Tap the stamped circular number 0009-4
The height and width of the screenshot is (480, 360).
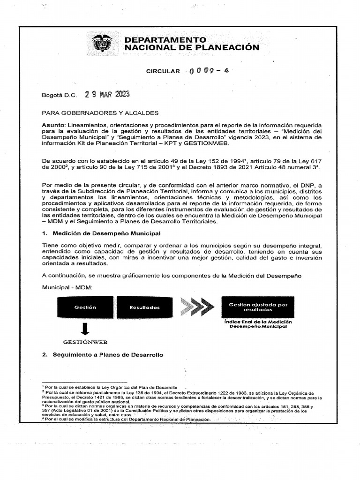point(209,71)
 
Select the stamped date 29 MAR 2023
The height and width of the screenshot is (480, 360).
point(107,94)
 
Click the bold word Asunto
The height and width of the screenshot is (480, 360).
point(53,125)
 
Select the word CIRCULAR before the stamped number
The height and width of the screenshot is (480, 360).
point(163,71)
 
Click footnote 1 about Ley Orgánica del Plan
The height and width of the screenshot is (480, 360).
point(111,388)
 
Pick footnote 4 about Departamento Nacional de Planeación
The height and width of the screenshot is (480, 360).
point(127,420)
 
